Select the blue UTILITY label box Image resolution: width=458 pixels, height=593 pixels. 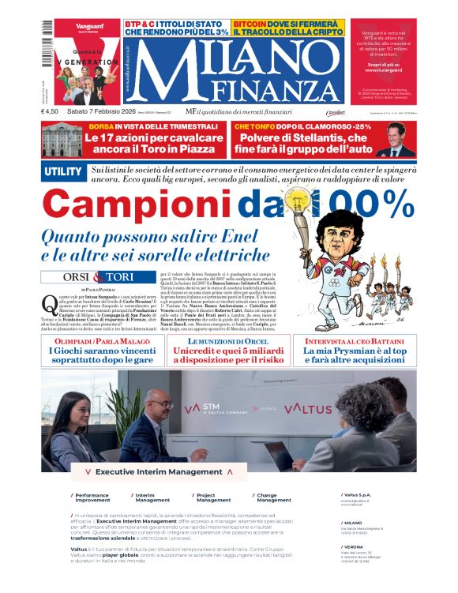tap(63, 171)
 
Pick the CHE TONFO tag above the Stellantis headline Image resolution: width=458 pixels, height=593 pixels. tap(256, 126)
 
